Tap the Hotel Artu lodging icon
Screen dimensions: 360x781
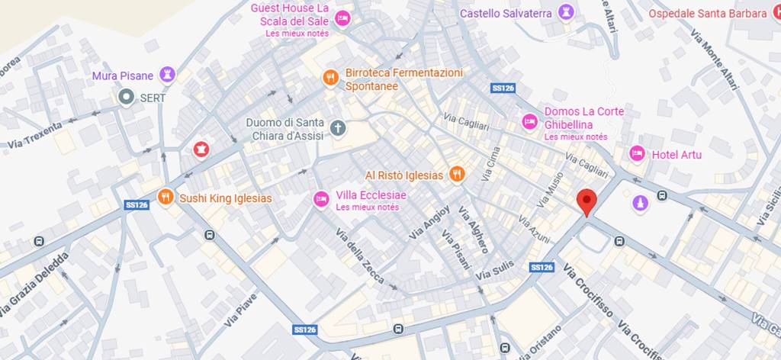coord(637,154)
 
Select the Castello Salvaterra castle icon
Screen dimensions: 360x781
coord(565,12)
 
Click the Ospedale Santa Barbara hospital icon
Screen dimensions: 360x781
coord(776,12)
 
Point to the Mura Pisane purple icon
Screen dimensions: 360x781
coord(167,75)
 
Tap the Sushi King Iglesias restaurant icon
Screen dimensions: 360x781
coord(166,198)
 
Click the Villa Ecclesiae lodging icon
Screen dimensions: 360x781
coord(322,199)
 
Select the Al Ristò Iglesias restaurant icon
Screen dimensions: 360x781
coord(457,175)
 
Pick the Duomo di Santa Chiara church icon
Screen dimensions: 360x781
coord(337,127)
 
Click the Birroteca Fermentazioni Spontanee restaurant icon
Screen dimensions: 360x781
coord(330,77)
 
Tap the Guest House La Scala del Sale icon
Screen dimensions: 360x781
coord(342,18)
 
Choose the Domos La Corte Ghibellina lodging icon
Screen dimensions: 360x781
coord(530,121)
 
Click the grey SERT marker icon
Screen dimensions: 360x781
coord(126,97)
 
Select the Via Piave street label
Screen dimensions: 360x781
coord(241,310)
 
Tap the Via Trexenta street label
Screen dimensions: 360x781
coord(35,134)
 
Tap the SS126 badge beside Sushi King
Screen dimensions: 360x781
coord(136,204)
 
